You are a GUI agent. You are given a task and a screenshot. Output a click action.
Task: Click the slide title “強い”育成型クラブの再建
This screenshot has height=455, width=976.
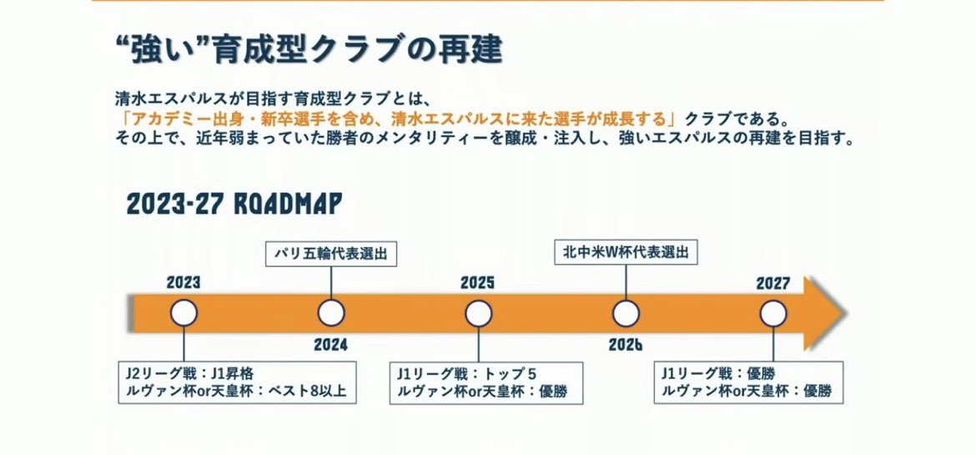click(309, 49)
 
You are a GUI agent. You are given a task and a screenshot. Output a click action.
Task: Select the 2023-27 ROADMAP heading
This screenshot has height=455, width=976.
click(234, 204)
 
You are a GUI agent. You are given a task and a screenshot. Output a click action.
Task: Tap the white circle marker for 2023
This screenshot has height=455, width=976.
click(184, 313)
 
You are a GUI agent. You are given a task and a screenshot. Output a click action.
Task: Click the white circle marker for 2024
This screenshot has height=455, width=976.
click(331, 313)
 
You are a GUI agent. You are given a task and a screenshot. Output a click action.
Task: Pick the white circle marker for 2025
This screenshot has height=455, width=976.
click(478, 313)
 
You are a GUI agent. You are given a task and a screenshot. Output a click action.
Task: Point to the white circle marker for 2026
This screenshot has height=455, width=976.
click(626, 313)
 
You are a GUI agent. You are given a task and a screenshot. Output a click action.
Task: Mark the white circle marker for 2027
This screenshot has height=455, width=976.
click(773, 313)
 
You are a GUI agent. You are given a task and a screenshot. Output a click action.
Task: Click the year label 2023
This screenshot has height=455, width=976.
click(184, 283)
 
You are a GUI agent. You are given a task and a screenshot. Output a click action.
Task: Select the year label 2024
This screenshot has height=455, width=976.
click(330, 345)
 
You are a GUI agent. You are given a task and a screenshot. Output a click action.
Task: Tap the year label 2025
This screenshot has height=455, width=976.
click(477, 283)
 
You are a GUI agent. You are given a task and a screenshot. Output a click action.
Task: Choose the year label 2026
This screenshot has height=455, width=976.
click(626, 345)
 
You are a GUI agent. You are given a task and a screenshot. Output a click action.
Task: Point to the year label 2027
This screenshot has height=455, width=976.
click(773, 283)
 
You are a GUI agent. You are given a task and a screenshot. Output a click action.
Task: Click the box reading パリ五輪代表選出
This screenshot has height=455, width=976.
click(331, 255)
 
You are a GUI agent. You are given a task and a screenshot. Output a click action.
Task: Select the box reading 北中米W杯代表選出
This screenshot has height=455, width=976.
click(626, 252)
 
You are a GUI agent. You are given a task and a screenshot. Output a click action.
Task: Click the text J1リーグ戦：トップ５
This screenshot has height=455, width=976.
click(467, 374)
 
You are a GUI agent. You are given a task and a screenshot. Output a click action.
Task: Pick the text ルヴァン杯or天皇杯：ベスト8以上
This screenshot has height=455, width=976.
click(236, 392)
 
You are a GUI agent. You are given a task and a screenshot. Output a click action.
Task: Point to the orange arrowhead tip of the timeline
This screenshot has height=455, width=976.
click(847, 313)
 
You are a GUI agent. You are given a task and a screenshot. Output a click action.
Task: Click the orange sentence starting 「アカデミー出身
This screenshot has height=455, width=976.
click(399, 119)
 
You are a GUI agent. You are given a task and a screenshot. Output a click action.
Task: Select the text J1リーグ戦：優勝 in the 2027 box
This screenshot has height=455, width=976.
click(717, 374)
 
